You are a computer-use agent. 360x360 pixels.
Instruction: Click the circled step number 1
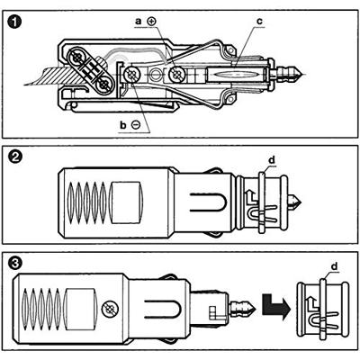coord(15,23)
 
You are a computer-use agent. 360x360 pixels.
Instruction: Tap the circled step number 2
coord(15,157)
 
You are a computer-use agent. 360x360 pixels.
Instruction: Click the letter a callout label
coord(139,22)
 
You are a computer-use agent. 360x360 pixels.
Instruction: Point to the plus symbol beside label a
coord(152,22)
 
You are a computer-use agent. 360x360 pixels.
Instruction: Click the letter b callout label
coord(122,125)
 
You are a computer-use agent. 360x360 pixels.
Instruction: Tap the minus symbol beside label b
coord(136,125)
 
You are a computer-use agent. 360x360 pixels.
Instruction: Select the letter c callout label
coord(259,22)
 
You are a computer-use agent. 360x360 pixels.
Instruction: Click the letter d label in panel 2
coord(272,160)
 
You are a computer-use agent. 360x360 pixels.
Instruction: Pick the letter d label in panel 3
coord(334,266)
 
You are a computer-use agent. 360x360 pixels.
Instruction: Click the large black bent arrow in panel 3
coord(276,305)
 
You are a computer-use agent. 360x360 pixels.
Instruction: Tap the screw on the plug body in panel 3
coord(110,308)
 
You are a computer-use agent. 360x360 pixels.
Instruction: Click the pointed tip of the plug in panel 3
coord(256,307)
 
